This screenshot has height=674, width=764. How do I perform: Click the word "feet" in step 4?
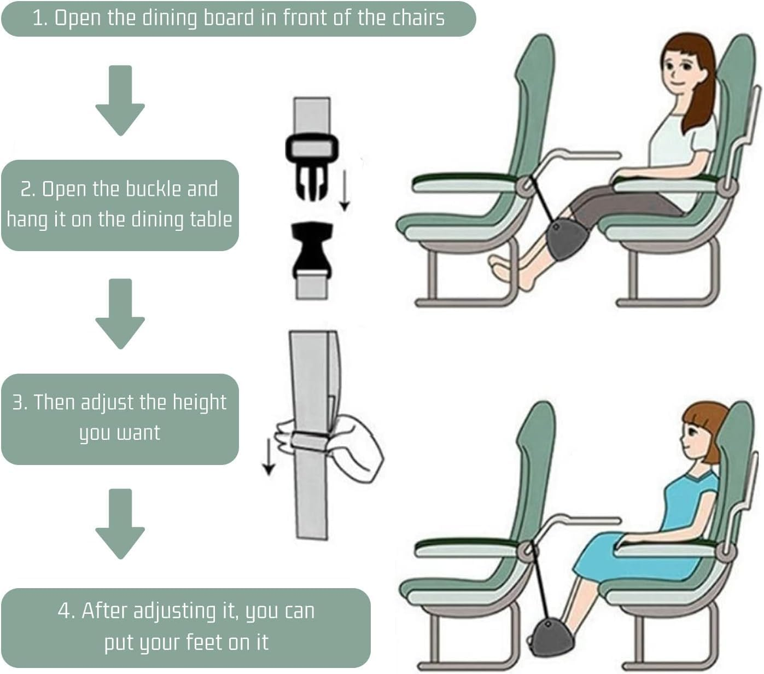point(205,642)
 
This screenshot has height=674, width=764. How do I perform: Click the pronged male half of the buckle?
point(311,164)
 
